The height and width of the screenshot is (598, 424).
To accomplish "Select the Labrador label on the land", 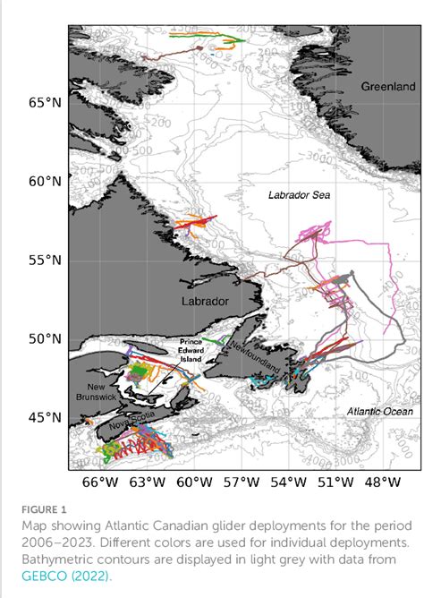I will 207,301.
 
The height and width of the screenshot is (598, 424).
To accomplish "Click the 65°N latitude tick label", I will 46,102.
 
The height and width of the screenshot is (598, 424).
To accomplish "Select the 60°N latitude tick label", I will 46,181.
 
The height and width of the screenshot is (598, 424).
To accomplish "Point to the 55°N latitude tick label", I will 46,261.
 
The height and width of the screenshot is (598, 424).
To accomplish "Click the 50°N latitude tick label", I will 46,339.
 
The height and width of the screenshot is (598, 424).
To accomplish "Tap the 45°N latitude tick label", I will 46,417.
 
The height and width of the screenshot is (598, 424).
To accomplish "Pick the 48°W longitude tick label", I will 382,483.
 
